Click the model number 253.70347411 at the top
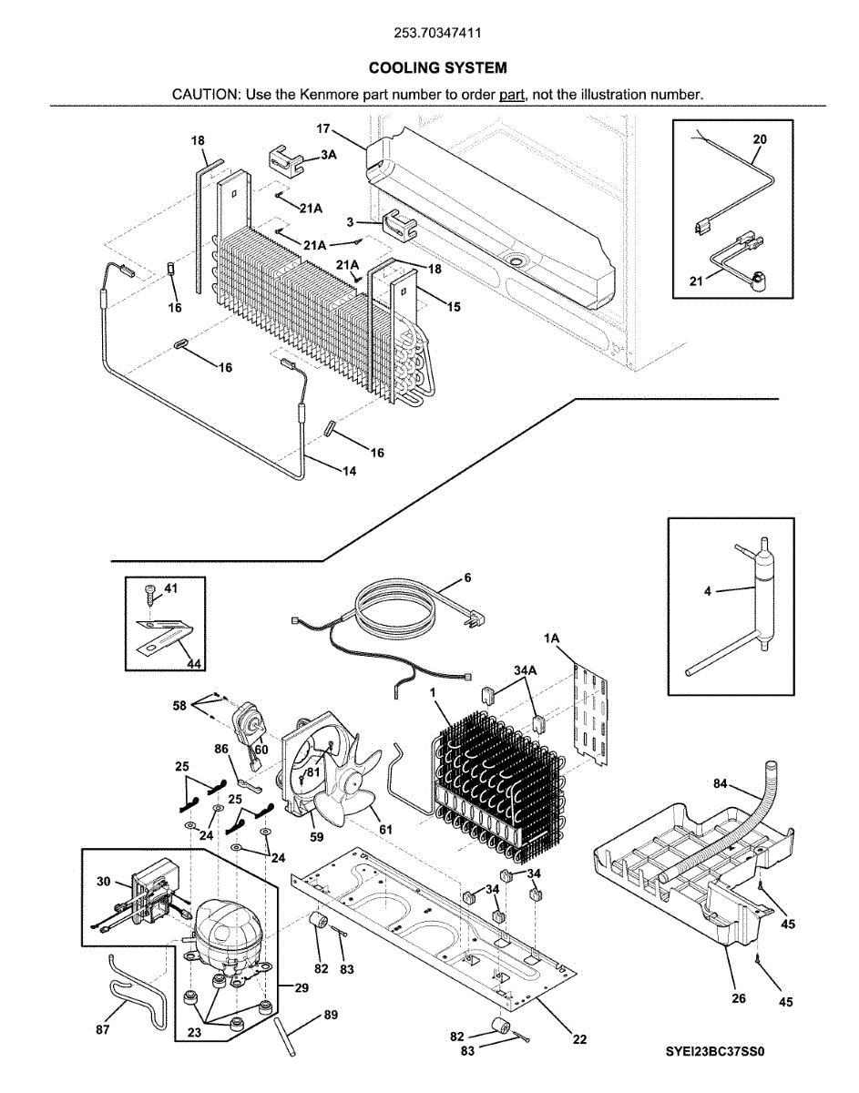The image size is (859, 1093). [437, 34]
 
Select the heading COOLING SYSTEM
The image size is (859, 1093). [437, 68]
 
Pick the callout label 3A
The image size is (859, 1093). [329, 156]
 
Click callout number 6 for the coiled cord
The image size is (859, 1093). [467, 577]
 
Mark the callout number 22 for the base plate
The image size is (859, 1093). [579, 1040]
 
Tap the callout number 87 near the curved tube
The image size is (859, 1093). [102, 1029]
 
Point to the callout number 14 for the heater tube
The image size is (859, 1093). [349, 471]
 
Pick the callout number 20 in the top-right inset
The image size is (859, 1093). [760, 139]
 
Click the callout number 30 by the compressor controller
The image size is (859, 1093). [103, 882]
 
